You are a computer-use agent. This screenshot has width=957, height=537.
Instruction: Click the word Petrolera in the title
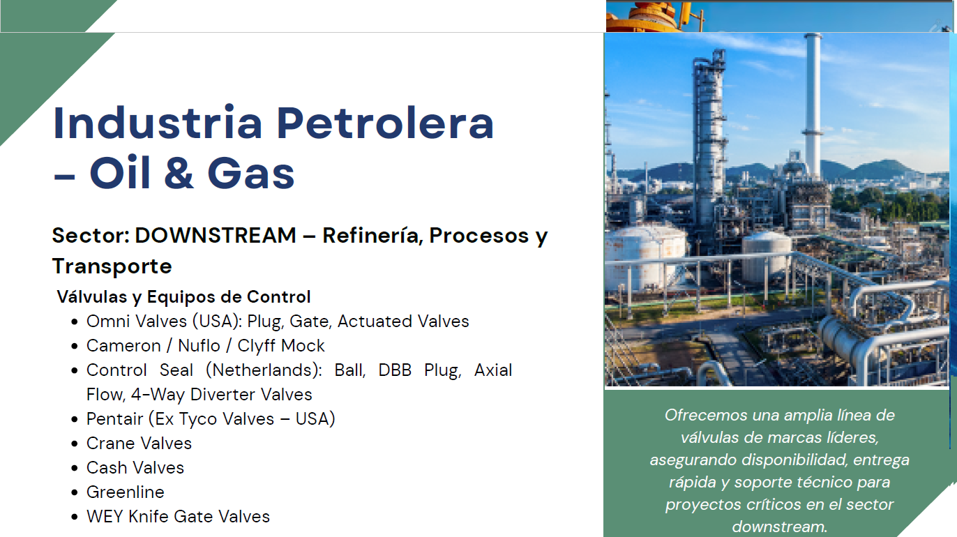pos(385,123)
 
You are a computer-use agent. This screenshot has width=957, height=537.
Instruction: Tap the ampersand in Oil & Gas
pos(179,174)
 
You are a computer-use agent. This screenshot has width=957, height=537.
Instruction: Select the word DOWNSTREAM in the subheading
pos(216,236)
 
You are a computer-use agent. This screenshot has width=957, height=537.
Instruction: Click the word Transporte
pos(112,266)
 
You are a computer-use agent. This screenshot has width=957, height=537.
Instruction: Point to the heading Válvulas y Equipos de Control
pos(183,297)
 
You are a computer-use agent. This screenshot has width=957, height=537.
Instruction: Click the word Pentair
pos(114,418)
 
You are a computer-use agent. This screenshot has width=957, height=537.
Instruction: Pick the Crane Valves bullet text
pos(139,443)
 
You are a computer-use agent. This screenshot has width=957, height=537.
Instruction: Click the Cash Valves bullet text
pos(135,467)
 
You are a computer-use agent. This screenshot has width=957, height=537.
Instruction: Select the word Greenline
pos(125,492)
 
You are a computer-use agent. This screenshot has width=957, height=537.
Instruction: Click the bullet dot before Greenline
pos(75,492)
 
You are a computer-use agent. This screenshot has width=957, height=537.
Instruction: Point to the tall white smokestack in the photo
pos(812,107)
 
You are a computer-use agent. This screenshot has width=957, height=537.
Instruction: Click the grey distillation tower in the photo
pos(709,141)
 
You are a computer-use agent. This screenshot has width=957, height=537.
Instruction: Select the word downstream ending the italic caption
pos(780,527)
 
